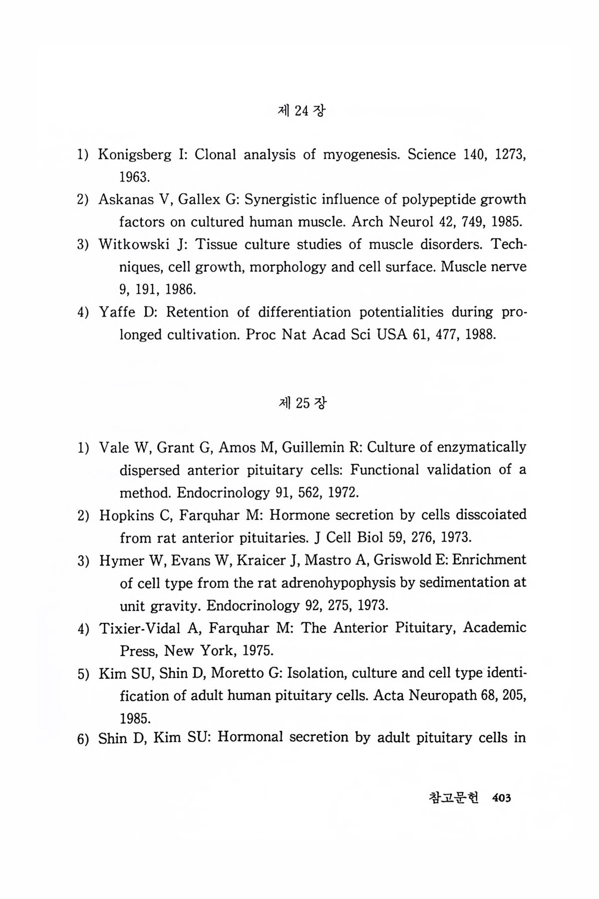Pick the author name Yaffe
click(x=117, y=313)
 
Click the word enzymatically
click(x=481, y=448)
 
